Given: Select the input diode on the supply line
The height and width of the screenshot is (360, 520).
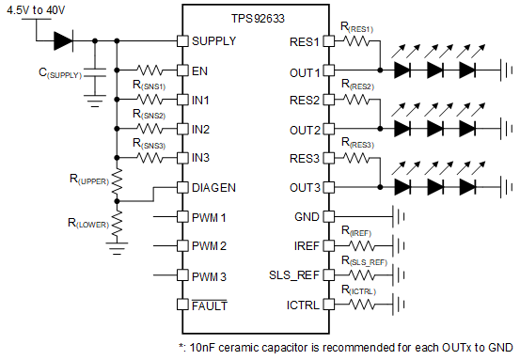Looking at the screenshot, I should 64,40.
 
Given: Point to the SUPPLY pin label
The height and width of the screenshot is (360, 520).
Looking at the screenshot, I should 214,41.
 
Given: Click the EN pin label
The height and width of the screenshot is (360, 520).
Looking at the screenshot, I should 200,70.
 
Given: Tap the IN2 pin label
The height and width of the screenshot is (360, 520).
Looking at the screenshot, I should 201,129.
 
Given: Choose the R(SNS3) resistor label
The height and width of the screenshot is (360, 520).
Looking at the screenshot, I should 151,145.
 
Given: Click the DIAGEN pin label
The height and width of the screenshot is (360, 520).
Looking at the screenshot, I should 213,187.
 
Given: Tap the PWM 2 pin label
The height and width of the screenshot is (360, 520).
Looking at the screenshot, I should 212,246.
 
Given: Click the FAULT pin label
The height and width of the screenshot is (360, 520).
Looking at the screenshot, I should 210,305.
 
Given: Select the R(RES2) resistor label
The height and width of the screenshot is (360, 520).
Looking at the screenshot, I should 358,86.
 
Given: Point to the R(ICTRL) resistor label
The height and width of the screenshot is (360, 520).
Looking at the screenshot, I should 359,291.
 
